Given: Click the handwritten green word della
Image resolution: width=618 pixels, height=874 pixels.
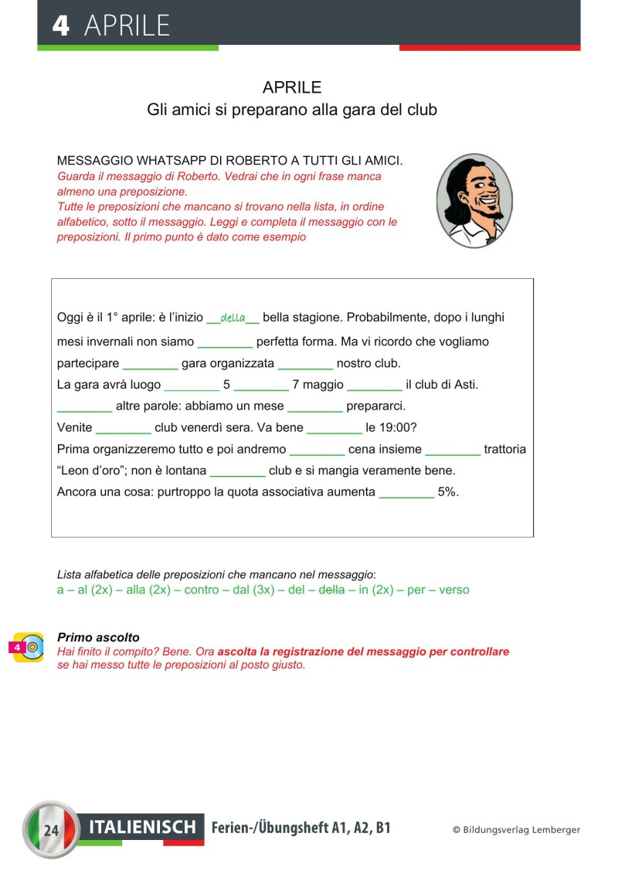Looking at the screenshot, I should [233, 318].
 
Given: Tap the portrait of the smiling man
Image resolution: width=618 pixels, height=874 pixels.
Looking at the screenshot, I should [474, 200].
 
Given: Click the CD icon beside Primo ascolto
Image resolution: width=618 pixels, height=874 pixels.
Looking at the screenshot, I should [29, 647].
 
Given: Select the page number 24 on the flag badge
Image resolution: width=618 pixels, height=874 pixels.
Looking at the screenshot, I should [52, 831].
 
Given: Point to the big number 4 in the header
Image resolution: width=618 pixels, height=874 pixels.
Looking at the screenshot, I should [60, 26].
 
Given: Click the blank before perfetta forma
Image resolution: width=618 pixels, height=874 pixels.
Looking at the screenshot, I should [225, 342].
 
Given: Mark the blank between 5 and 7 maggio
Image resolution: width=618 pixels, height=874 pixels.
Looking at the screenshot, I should [261, 385].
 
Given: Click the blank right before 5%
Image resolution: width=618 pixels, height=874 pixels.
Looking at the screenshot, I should [406, 492].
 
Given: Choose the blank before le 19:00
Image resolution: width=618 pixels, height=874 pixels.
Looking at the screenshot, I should [334, 428].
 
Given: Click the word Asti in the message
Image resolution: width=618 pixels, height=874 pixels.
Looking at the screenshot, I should [464, 384].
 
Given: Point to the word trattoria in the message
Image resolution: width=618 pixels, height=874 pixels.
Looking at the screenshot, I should [504, 449].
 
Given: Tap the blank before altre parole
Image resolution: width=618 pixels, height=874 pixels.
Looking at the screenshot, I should [85, 406].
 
